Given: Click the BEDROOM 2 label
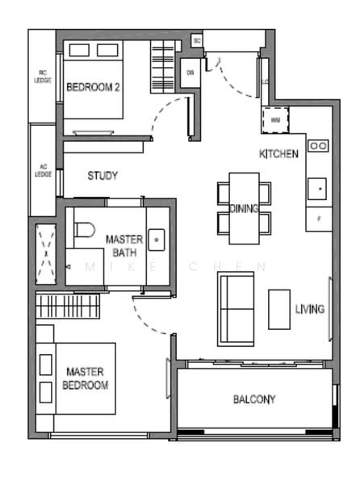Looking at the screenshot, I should point(93,88).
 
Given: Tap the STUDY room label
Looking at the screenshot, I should point(103,176).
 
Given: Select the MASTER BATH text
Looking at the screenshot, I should point(124,246).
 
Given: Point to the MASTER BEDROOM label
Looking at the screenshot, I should point(86,378).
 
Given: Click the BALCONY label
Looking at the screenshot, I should point(254,399).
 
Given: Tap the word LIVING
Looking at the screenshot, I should point(310,309).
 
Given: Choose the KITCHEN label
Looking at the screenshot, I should point(278,154).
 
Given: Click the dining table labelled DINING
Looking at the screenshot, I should point(244,209).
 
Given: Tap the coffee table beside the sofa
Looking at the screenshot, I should point(279,309).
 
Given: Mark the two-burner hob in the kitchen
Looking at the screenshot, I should point(317,146).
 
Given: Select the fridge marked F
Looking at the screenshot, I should point(319,219).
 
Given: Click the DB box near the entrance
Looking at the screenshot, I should point(190,73).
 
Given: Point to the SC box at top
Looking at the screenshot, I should point(196,40).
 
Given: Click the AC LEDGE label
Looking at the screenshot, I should point(41,171).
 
